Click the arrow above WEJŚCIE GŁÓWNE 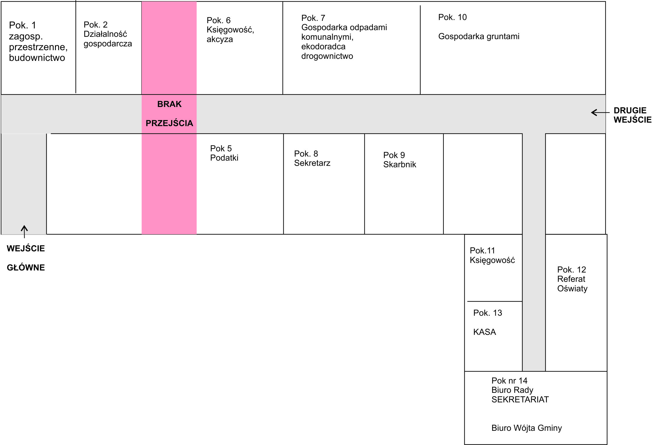[24, 232]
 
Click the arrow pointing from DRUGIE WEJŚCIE [600, 112]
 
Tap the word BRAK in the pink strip [169, 104]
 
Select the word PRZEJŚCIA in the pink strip [169, 123]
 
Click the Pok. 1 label [23, 25]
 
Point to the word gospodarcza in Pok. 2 [108, 44]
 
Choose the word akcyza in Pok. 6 [220, 39]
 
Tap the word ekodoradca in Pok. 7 [323, 46]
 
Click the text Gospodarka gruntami [479, 37]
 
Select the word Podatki [224, 158]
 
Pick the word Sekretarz [312, 163]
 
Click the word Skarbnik [400, 164]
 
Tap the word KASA [485, 332]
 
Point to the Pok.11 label [483, 250]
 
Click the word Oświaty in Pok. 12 [572, 288]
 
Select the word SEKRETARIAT [520, 399]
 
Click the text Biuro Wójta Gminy [527, 428]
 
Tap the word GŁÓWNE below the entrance [26, 267]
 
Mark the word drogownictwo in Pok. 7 [327, 56]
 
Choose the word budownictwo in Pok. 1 [37, 58]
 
